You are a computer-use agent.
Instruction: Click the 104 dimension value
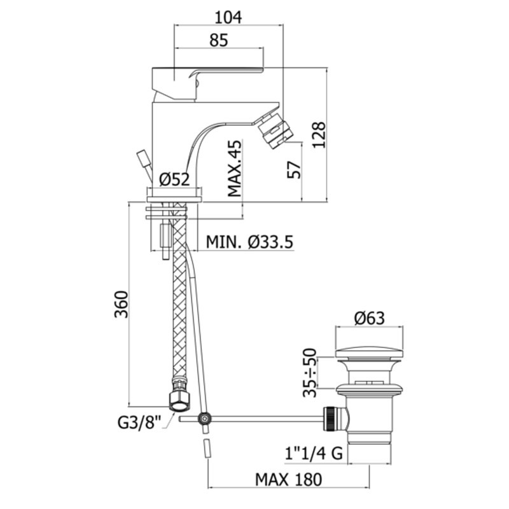pos(228,17)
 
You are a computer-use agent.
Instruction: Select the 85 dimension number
pos(219,40)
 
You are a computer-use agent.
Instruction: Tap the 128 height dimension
pos(319,135)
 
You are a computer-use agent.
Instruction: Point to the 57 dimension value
pos(295,170)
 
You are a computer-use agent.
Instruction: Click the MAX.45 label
pos(235,168)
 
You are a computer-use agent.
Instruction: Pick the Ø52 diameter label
pos(174,179)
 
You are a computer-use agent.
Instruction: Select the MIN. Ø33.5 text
pos(249,242)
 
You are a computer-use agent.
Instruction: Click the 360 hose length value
pos(122,304)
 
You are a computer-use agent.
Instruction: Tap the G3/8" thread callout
pos(139,423)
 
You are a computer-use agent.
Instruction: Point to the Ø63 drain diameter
pos(370,318)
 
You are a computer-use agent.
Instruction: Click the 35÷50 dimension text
pos(310,373)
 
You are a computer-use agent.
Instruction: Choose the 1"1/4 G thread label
pos(314,453)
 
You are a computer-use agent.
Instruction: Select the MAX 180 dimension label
pos(289,480)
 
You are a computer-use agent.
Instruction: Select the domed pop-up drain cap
pos(370,354)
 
